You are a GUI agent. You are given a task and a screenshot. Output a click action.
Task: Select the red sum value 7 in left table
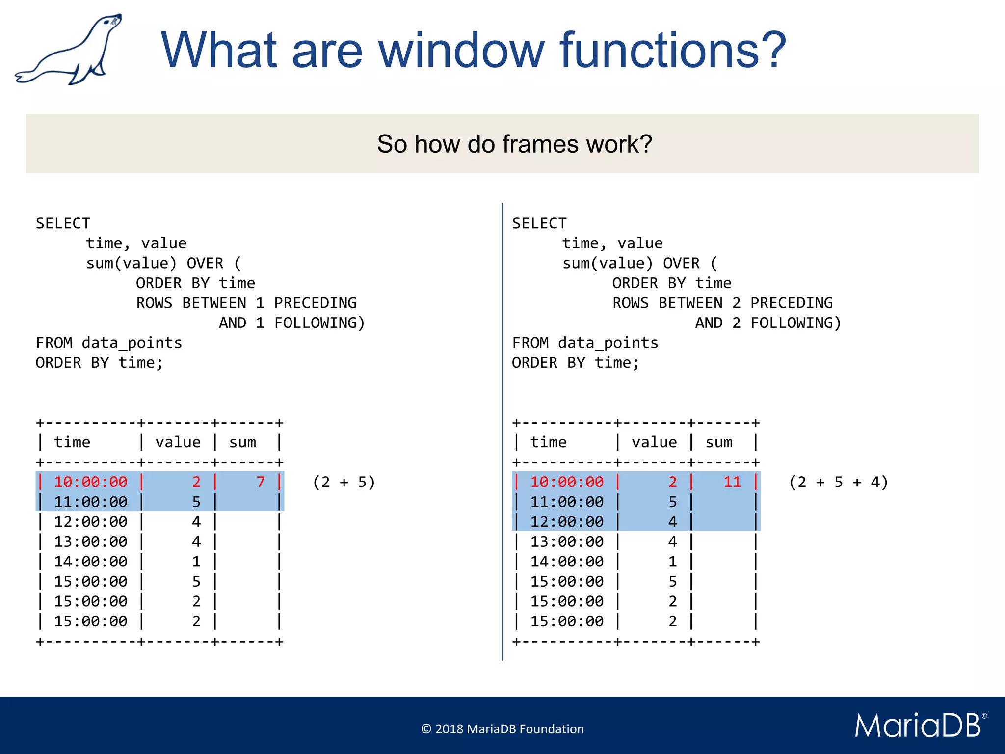coord(261,482)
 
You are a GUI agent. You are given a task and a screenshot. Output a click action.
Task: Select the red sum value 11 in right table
coord(732,482)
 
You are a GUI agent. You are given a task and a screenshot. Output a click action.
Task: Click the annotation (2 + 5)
coord(344,482)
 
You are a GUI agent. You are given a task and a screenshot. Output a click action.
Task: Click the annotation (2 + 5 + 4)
coord(839,482)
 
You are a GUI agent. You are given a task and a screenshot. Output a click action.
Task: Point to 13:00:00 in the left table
coord(91,542)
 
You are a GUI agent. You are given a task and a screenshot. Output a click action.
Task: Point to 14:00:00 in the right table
coord(567,562)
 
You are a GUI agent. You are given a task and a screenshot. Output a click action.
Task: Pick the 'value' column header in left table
coord(178,442)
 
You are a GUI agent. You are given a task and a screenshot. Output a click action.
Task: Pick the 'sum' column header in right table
coord(719,442)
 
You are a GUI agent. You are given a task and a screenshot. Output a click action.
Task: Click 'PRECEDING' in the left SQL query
coord(315,303)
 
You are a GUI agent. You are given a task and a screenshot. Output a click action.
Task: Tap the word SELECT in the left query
coord(63,223)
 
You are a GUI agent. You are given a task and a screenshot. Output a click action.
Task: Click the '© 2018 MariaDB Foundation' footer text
coord(502,729)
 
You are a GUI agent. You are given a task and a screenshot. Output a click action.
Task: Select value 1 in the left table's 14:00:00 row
coord(196,562)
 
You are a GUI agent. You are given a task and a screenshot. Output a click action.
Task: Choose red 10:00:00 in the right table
coord(567,482)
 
